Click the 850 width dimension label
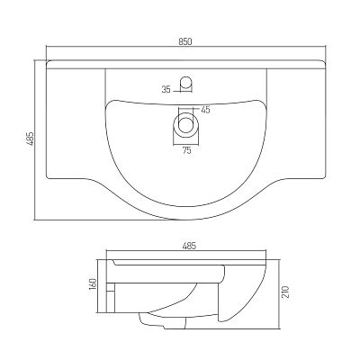tap(185, 41)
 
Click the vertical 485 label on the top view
tap(31, 139)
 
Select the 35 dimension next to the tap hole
tap(166, 89)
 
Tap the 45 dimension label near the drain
tap(205, 110)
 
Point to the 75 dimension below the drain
tap(186, 150)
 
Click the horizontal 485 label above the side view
tap(189, 246)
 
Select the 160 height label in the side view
tap(93, 283)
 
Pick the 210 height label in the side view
tap(286, 292)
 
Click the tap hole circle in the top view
tap(186, 83)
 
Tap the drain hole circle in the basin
tap(186, 124)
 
